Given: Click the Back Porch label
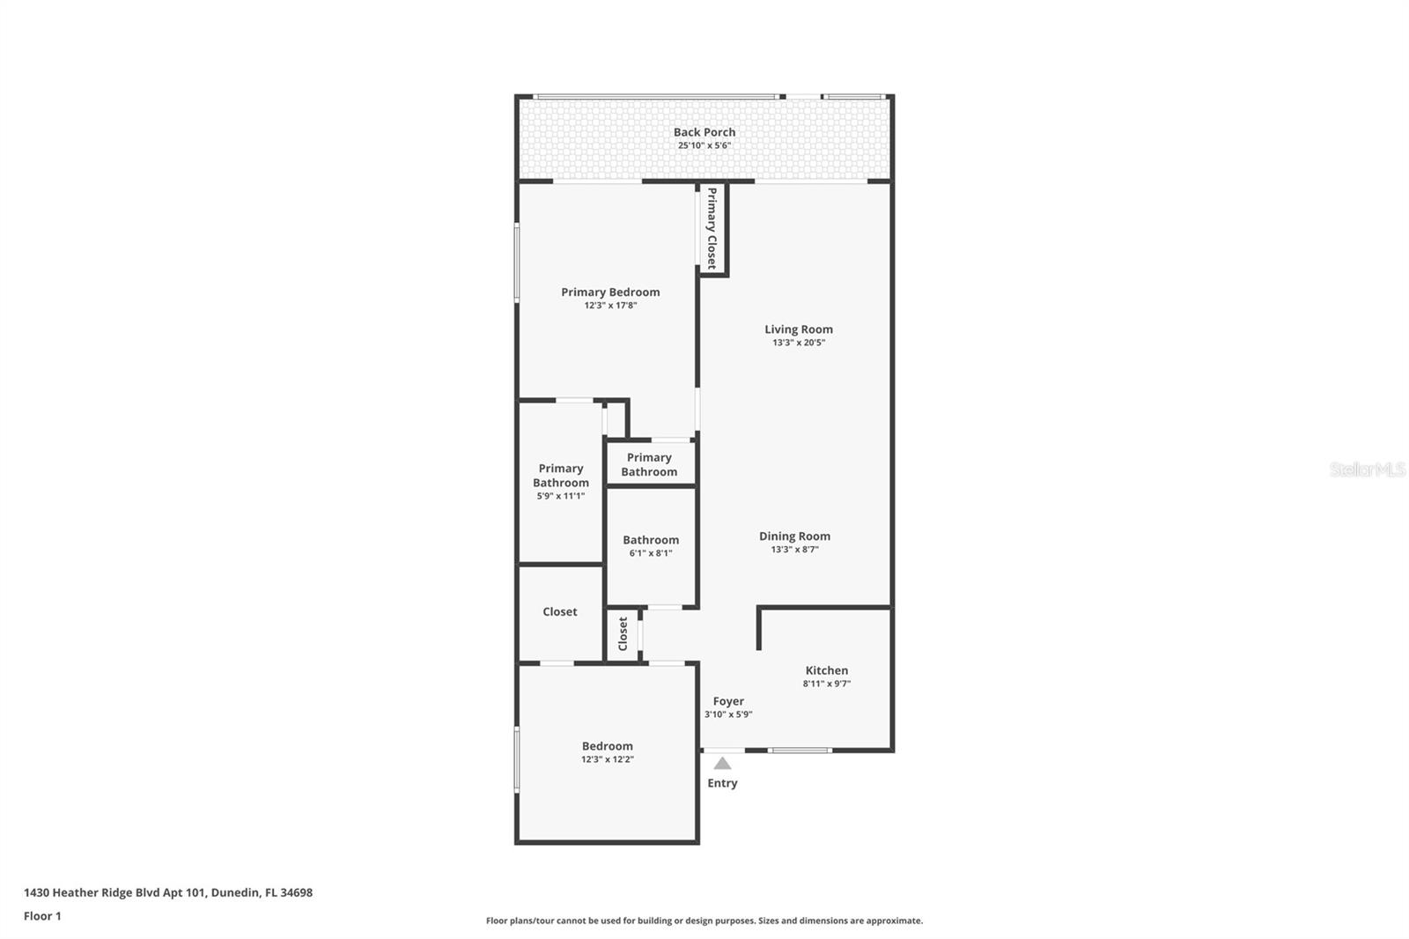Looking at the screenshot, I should pos(704,132).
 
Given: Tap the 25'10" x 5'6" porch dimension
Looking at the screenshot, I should pos(704,145).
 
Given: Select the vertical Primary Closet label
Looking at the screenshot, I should pos(712,228).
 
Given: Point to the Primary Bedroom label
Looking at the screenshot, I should pos(610,292).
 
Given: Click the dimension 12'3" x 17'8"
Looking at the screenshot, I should pos(610,306).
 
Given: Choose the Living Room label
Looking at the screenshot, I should pos(798,329).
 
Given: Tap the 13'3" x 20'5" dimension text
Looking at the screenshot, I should pos(798,343).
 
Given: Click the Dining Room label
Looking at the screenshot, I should pos(794,536).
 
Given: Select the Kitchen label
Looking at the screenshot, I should pos(826,670).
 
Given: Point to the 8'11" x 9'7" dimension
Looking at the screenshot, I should pos(826,684).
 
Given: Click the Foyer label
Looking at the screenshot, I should pos(728,701).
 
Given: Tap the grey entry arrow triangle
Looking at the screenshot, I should pos(722,764).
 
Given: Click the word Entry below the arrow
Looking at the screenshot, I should pos(722,783).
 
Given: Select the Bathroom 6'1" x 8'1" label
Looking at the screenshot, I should pos(651,540).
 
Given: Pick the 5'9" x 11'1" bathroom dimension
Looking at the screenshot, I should pos(560,496).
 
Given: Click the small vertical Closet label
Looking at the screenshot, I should pos(623,633).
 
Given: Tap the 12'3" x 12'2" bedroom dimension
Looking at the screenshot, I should pos(607,759).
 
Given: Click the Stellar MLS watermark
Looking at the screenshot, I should pos(1367,469).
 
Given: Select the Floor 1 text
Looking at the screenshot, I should pos(42,916).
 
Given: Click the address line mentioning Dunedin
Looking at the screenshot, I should pos(167,892).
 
